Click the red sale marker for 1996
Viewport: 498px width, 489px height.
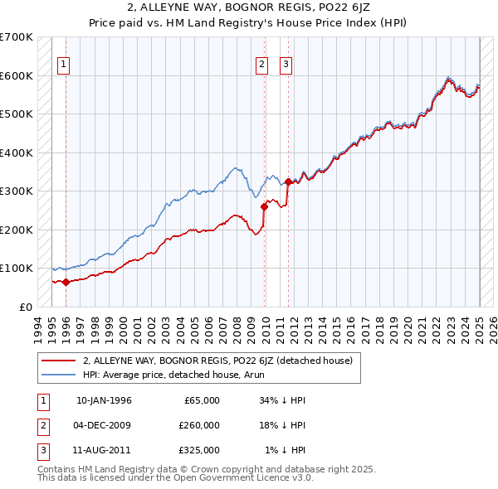[66, 282]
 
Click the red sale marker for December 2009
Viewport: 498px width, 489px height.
[265, 206]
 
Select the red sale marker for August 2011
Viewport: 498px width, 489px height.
[288, 182]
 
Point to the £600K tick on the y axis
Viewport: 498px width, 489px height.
[17, 75]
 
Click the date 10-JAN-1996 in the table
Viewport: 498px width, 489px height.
[103, 400]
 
